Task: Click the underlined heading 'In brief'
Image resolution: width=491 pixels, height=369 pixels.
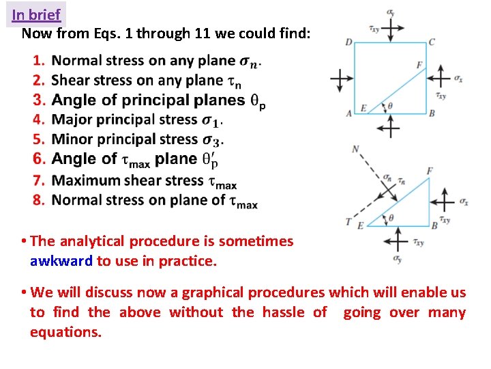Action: pyautogui.click(x=36, y=14)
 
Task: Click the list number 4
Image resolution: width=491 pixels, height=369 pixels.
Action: pyautogui.click(x=38, y=120)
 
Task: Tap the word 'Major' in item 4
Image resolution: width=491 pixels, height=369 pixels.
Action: pyautogui.click(x=73, y=120)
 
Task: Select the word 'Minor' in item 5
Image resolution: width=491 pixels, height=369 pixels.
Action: pyautogui.click(x=73, y=139)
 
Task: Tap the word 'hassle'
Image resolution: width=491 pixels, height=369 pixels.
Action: pyautogui.click(x=282, y=312)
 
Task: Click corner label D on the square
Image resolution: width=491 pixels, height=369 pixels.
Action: pyautogui.click(x=348, y=42)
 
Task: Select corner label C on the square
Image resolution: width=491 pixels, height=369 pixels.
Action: pyautogui.click(x=431, y=42)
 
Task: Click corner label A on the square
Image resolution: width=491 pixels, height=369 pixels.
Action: pyautogui.click(x=348, y=113)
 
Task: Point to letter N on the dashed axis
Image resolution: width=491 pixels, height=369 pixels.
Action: pyautogui.click(x=355, y=149)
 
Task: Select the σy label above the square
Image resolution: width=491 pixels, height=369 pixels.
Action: pyautogui.click(x=389, y=12)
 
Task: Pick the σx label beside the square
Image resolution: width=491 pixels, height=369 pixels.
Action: pyautogui.click(x=458, y=79)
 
